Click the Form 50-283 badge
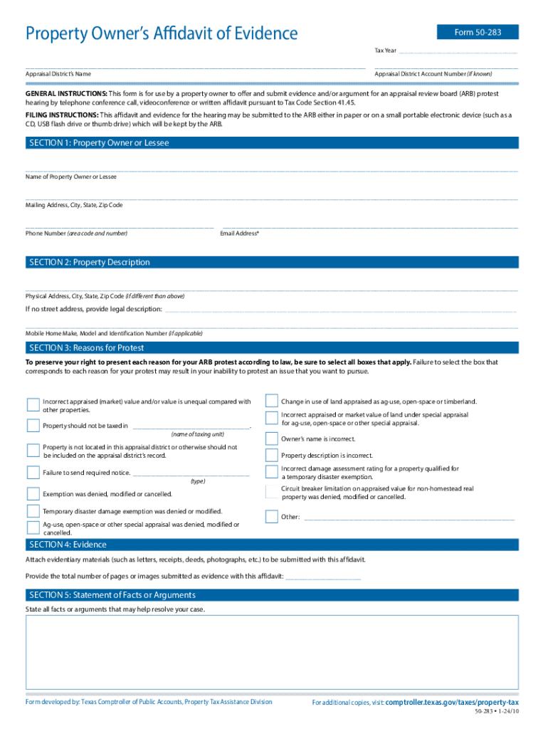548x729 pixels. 478,32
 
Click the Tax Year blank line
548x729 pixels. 458,52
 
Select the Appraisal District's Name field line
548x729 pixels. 195,67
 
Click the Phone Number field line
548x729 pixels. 119,226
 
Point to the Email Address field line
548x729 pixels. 369,226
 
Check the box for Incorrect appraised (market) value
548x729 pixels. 33,405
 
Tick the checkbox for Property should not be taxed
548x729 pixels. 33,426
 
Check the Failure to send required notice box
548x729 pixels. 33,472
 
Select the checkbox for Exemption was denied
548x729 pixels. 33,493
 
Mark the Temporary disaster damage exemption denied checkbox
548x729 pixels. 33,511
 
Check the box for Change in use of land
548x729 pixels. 271,401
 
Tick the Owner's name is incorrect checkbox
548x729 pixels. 271,439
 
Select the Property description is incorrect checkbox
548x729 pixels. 271,456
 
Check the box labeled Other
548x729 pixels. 271,517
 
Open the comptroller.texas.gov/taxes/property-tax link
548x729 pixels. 451,702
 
